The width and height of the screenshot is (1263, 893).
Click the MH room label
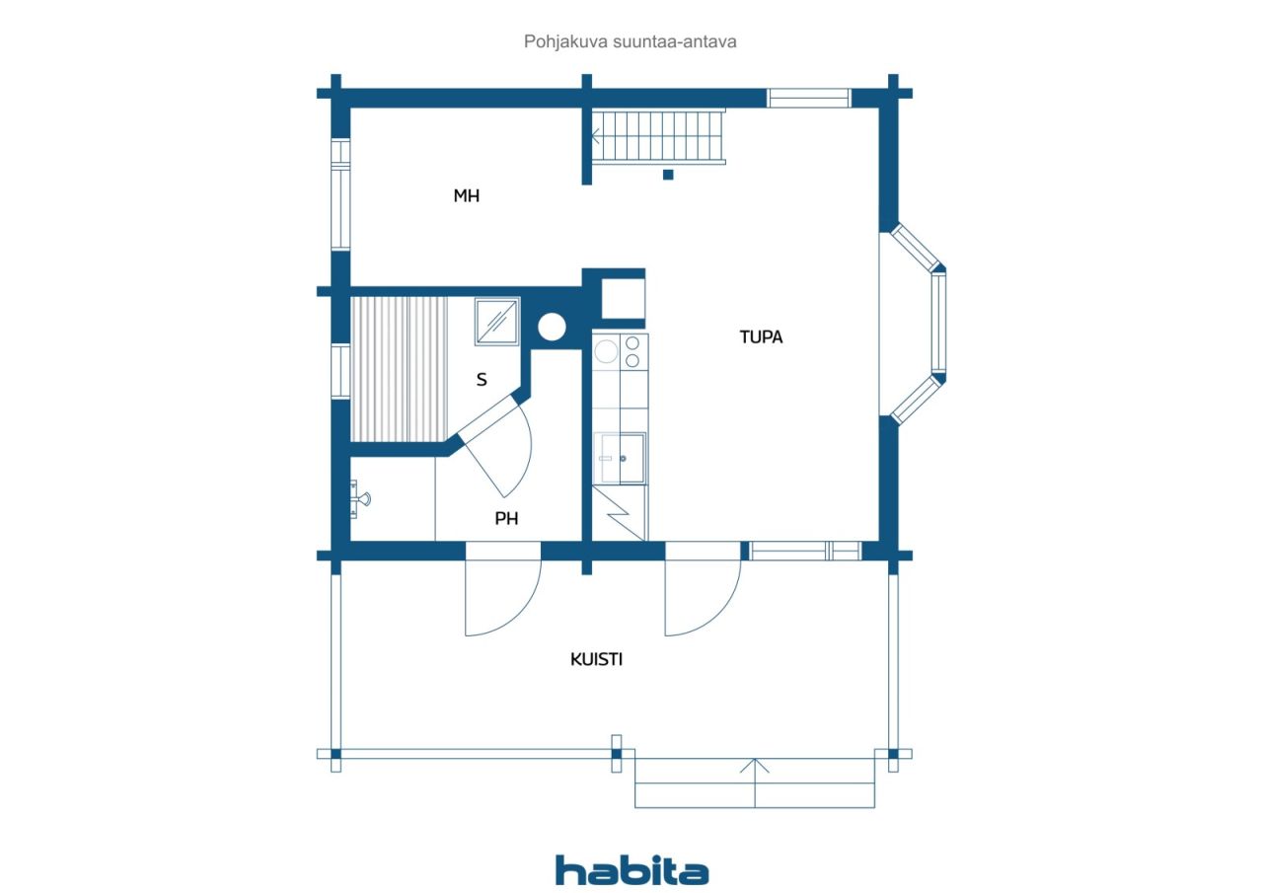tap(467, 195)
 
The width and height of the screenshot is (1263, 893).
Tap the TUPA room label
tap(761, 337)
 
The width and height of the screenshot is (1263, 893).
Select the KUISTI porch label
tap(596, 659)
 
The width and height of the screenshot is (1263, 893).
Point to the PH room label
tap(506, 519)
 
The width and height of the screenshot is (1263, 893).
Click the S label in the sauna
tap(482, 380)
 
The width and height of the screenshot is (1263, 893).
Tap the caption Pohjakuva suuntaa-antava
tap(630, 41)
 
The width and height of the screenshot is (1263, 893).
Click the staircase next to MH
tap(658, 137)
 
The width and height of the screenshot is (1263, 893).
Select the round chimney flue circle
tap(552, 327)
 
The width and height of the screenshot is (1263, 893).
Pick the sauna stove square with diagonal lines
tap(496, 321)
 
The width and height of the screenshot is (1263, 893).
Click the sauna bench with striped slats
tap(400, 369)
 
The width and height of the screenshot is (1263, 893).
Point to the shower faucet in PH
tap(359, 499)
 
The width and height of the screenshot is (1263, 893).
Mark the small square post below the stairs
tap(668, 175)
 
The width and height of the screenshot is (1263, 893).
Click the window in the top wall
tap(808, 98)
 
